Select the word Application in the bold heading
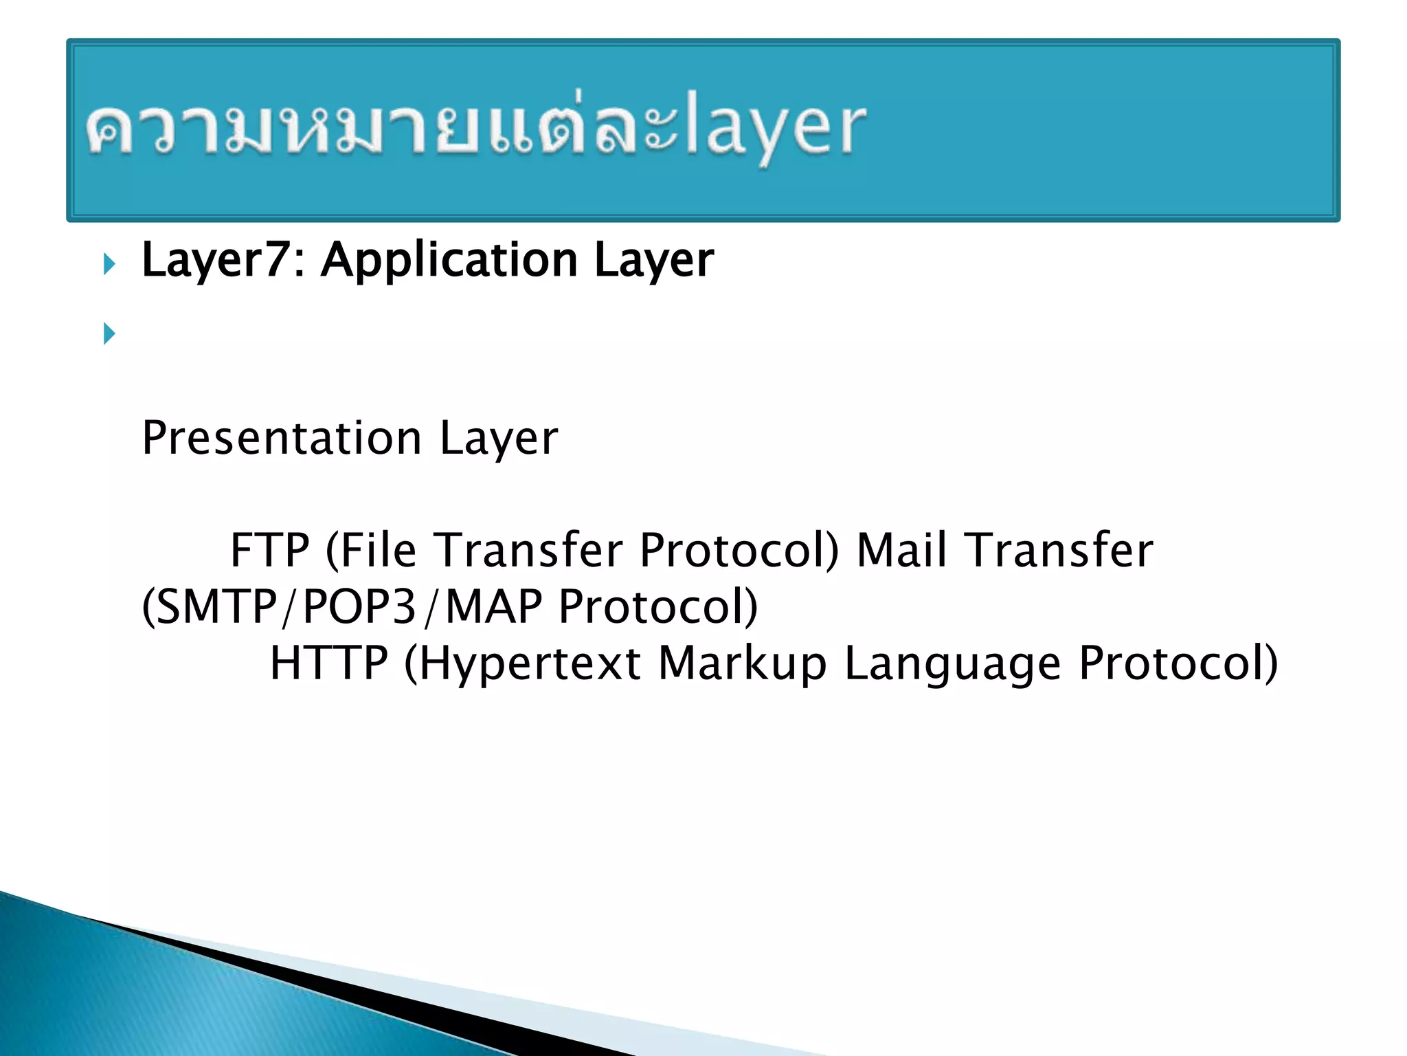point(449,260)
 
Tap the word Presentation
point(282,438)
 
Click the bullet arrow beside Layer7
point(109,263)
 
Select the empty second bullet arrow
point(109,334)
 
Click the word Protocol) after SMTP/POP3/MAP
point(657,606)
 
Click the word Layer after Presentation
point(498,438)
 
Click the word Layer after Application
point(653,260)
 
